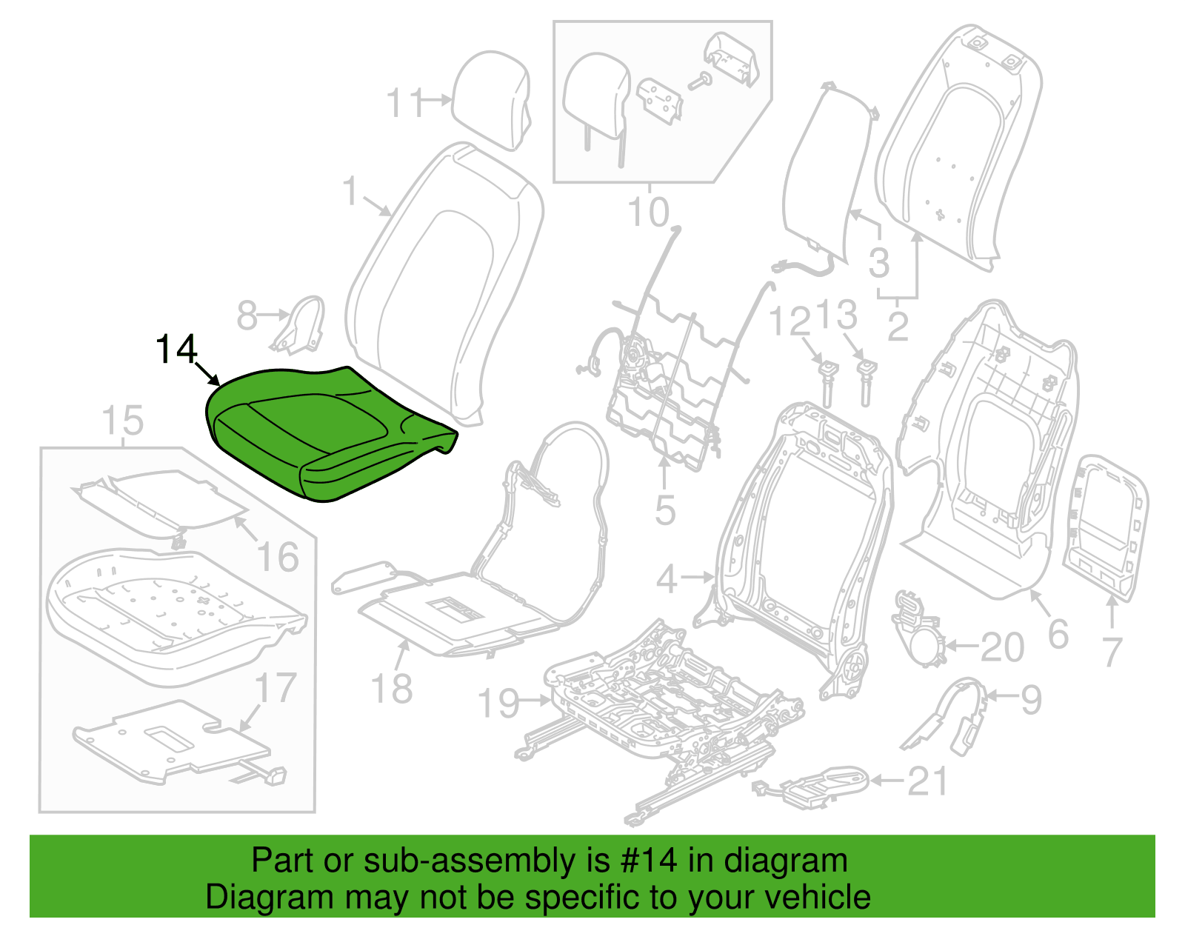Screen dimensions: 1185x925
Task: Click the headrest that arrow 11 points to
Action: pyautogui.click(x=491, y=100)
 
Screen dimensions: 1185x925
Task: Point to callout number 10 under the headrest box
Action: pyautogui.click(x=648, y=212)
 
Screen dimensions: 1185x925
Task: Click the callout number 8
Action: pyautogui.click(x=247, y=315)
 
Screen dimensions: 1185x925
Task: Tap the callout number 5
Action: pyautogui.click(x=665, y=510)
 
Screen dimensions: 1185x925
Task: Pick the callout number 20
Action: pyautogui.click(x=1002, y=647)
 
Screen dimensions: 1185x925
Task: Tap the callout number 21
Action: pyautogui.click(x=927, y=781)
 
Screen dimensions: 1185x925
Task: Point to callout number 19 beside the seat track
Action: pyautogui.click(x=498, y=703)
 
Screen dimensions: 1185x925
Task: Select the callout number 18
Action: pyautogui.click(x=392, y=688)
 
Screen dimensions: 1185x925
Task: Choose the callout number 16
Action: pyautogui.click(x=278, y=557)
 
